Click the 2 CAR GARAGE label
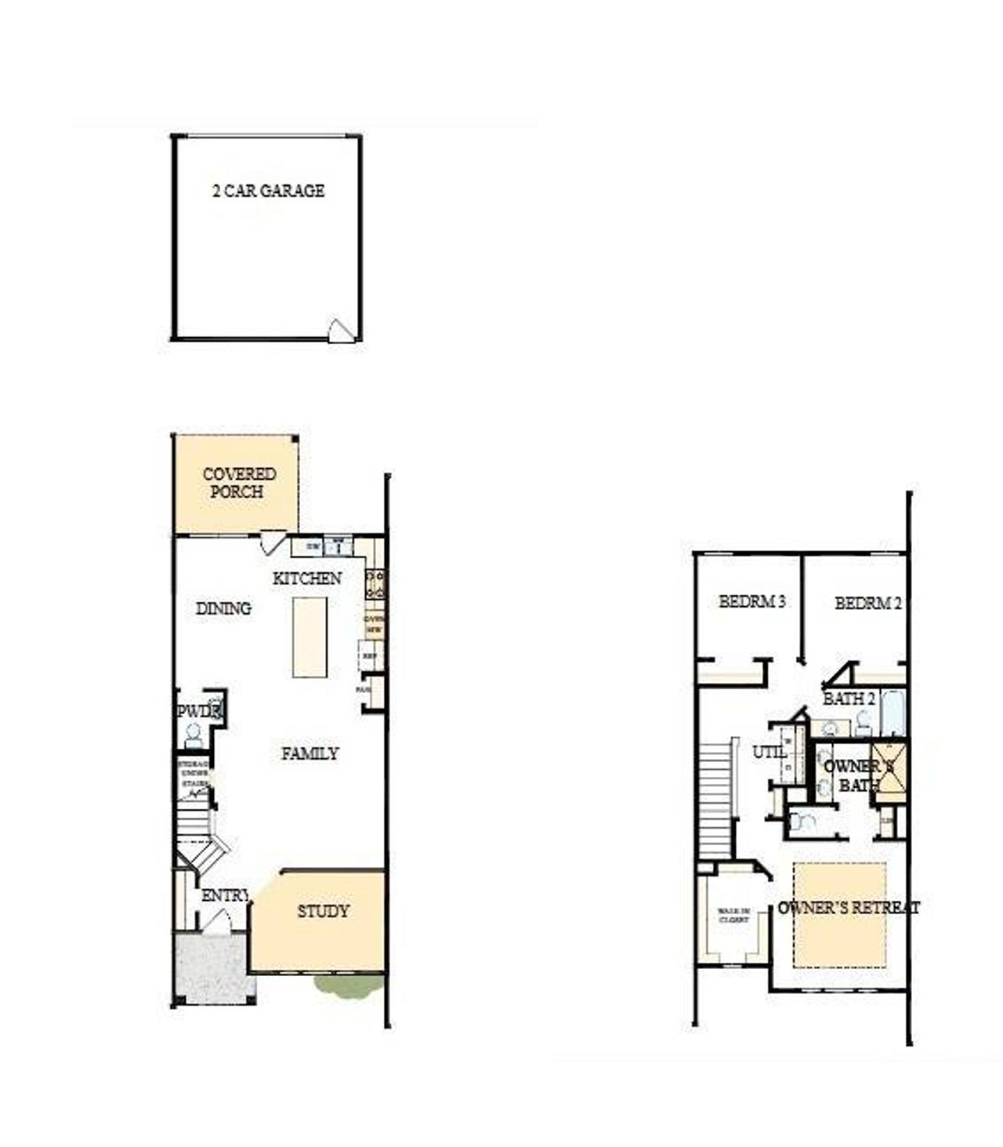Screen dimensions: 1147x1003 point(268,191)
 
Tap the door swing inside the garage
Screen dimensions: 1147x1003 point(341,330)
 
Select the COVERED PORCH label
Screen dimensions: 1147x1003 point(238,483)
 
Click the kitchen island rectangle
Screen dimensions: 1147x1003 point(310,637)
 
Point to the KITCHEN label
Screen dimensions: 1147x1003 point(306,579)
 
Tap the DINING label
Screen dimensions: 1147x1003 point(223,608)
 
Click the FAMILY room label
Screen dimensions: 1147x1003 point(310,753)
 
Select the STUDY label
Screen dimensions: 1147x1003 point(323,911)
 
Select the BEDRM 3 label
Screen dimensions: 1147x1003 point(752,602)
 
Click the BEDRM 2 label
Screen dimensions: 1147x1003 point(867,604)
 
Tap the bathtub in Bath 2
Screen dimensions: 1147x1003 point(893,713)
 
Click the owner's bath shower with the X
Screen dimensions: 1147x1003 point(890,769)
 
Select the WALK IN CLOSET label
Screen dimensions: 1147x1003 point(734,915)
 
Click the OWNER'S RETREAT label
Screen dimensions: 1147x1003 point(849,908)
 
